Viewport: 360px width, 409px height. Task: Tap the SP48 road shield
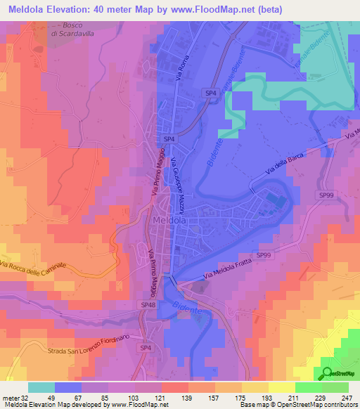click(148, 305)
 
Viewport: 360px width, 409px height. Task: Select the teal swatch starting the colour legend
click(41, 387)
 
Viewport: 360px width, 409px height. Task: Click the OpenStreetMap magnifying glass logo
click(327, 372)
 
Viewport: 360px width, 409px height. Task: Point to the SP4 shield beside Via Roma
click(210, 92)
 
